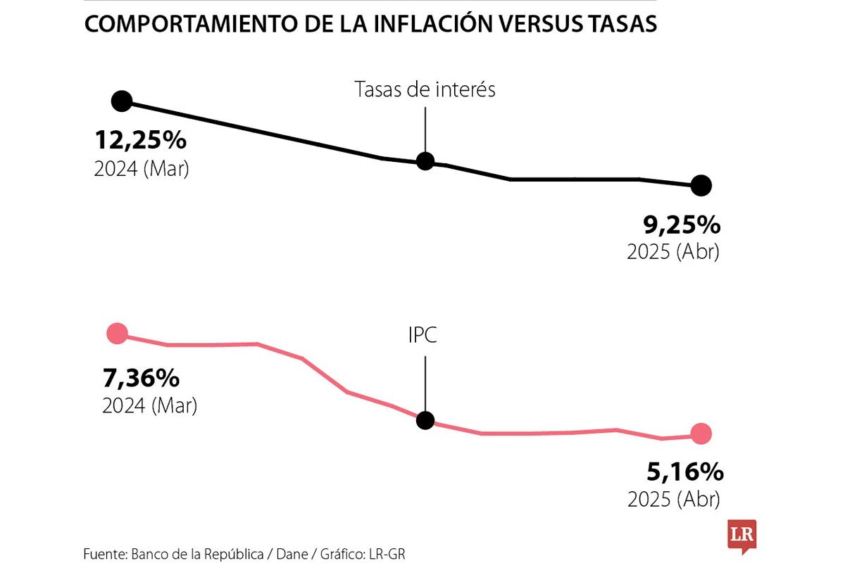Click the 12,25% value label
point(140,141)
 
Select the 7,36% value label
point(141,379)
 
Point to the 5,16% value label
point(682,470)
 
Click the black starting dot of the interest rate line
point(122,101)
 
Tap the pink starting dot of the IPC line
point(117,334)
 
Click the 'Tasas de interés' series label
point(425,90)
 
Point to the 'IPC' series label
point(423,336)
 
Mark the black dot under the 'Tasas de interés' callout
point(425,160)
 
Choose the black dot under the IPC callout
point(425,421)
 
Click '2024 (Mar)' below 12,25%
point(142,170)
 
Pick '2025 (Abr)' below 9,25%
point(673,253)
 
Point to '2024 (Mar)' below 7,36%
point(149,407)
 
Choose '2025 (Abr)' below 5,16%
point(673,499)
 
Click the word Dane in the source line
point(293,554)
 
